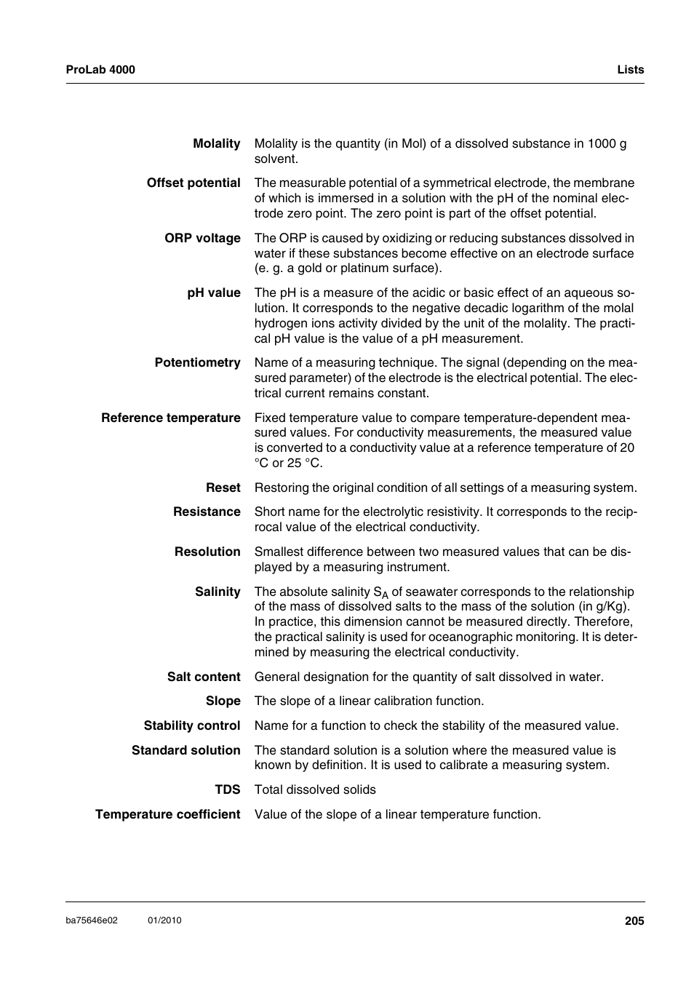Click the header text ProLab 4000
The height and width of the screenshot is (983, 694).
point(100,70)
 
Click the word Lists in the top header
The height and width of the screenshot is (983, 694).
point(630,70)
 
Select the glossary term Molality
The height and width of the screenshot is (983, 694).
point(216,144)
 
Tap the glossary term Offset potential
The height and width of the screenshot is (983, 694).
point(194,183)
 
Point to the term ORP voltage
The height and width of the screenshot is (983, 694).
point(202,239)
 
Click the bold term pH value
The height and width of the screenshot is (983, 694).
point(214,293)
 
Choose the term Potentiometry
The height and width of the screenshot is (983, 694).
point(197,363)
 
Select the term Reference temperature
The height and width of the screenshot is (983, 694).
point(171,418)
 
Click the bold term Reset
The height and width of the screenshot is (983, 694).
point(223,488)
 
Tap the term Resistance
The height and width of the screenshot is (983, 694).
point(207,512)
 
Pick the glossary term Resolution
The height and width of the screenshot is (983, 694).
point(207,552)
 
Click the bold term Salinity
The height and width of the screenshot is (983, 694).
point(218,592)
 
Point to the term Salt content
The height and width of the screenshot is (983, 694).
point(204,677)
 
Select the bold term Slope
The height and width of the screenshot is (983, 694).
point(223,701)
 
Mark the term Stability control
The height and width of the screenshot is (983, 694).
point(192,726)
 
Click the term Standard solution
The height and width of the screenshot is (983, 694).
point(186,751)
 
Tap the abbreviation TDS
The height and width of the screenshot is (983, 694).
point(227,790)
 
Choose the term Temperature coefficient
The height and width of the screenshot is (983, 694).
point(168,815)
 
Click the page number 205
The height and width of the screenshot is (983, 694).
point(634,921)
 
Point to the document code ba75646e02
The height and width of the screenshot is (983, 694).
point(92,920)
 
